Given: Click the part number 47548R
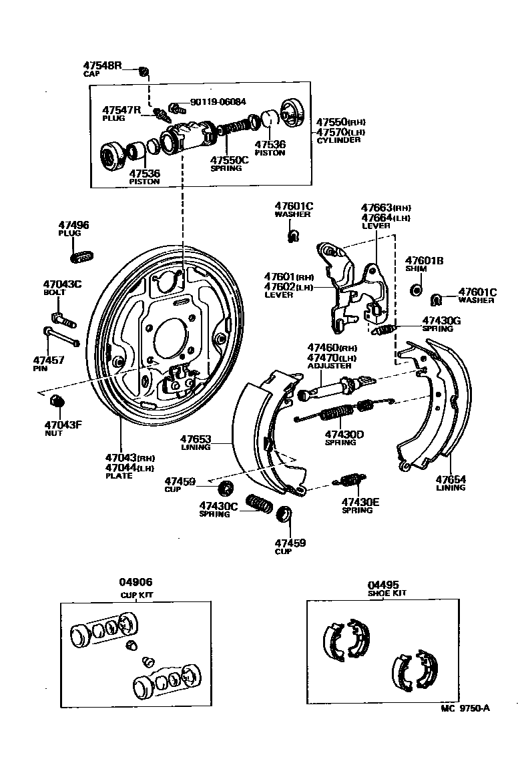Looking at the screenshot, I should tap(102, 65).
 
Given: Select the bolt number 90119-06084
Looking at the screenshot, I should tap(218, 102).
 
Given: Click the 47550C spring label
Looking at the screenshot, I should tap(229, 160).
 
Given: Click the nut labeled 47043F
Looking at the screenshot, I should tap(57, 401).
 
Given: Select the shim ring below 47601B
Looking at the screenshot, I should tap(415, 289).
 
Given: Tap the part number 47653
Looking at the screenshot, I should tap(196, 439).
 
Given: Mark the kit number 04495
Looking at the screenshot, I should tap(382, 583).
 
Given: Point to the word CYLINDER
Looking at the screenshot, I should tap(338, 140).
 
